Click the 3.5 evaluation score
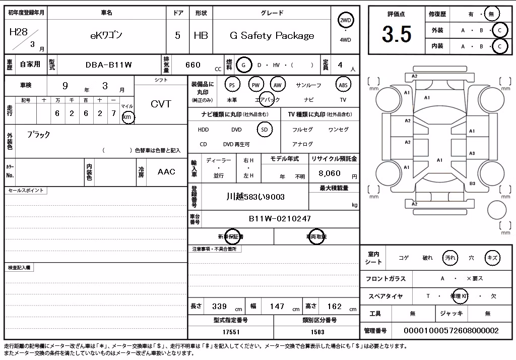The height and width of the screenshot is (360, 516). coord(397,34)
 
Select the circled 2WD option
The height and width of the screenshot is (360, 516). coord(345,21)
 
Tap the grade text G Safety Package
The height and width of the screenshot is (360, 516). coord(272,36)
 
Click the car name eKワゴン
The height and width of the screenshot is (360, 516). coord(106,35)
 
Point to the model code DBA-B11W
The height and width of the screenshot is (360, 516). coord(109,65)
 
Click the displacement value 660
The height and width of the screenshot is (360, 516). coord(193,65)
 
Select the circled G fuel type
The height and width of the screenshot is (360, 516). coord(243,65)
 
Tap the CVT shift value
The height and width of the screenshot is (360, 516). coord(161,104)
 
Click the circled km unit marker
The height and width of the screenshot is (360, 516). coord(127,117)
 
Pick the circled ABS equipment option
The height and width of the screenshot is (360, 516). coord(343,85)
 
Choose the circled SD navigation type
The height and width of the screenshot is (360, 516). coord(265,130)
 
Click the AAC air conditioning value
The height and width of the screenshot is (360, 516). coord(166,171)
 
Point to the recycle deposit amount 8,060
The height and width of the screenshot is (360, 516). coord(330,173)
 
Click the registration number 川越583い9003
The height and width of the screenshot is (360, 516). coord(255,197)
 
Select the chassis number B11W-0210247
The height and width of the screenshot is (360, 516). coord(280,219)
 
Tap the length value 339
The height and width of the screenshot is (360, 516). coord(219,307)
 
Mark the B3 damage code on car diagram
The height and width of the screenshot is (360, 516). coord(472,184)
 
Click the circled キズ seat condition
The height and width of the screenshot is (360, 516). coord(492,258)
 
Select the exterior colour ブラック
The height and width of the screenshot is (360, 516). coord(38,135)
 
